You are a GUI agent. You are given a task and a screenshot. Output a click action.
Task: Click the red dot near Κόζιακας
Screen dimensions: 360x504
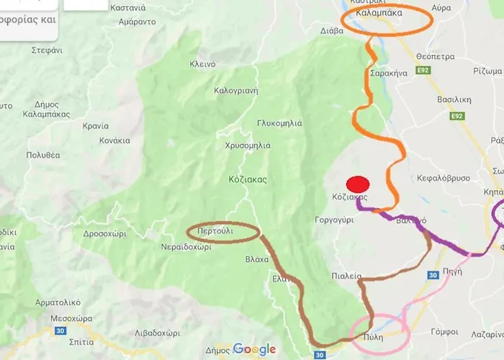pyautogui.click(x=358, y=184)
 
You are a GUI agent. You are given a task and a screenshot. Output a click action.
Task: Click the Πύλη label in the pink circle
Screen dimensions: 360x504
pyautogui.click(x=373, y=336)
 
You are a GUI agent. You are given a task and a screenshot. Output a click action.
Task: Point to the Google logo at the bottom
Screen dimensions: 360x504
pyautogui.click(x=253, y=350)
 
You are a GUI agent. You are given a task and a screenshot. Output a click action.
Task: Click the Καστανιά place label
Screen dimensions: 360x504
pyautogui.click(x=127, y=8)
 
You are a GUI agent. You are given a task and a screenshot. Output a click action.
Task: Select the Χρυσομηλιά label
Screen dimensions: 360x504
pyautogui.click(x=247, y=145)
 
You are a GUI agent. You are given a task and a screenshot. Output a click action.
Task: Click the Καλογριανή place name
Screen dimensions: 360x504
pyautogui.click(x=236, y=91)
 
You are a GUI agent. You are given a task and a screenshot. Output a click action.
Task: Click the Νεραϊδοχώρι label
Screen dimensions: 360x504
pyautogui.click(x=186, y=246)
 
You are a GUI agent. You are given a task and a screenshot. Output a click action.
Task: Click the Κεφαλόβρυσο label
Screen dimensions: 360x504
pyautogui.click(x=444, y=178)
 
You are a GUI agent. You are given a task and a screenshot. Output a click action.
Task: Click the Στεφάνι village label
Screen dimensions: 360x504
pyautogui.click(x=48, y=50)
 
